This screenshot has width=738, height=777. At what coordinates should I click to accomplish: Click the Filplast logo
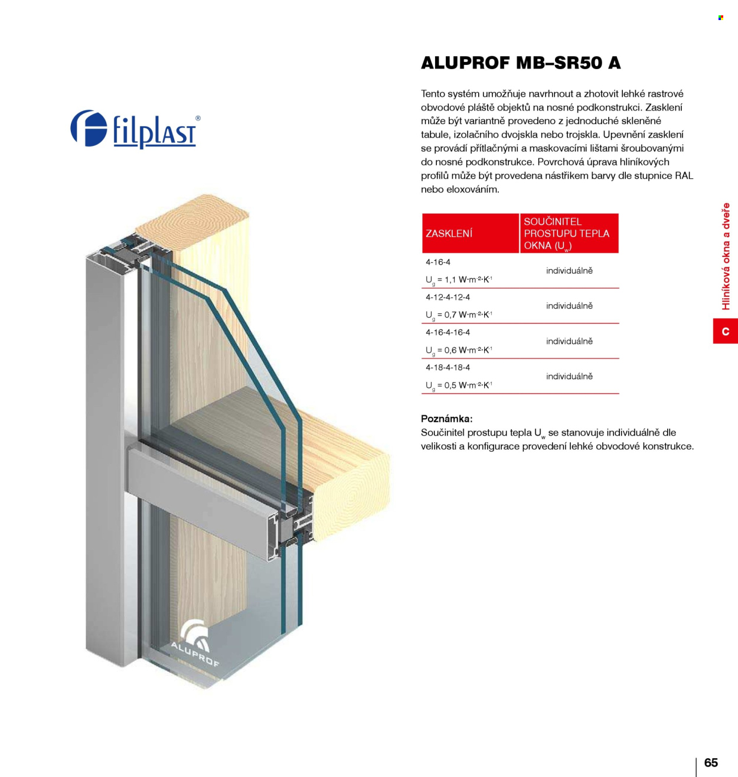[135, 129]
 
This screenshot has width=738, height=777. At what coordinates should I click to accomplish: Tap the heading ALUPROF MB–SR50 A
[521, 63]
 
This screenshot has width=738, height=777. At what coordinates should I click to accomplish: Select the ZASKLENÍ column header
[470, 233]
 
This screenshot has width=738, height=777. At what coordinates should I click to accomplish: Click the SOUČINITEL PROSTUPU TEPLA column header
[569, 233]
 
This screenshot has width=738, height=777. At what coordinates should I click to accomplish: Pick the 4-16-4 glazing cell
[438, 262]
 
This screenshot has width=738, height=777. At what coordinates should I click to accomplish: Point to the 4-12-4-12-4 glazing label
[448, 297]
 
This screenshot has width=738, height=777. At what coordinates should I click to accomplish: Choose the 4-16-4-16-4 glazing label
[448, 332]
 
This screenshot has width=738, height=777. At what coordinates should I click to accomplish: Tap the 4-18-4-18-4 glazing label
[448, 368]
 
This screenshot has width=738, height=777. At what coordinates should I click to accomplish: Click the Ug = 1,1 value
[459, 280]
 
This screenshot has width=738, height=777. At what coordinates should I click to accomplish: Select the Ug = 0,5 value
[459, 386]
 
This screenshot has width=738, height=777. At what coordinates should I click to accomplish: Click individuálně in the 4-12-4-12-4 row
[569, 306]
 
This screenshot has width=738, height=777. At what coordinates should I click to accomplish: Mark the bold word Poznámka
[447, 419]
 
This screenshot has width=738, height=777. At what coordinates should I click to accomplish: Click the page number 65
[711, 762]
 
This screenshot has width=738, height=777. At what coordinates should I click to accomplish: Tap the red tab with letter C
[726, 331]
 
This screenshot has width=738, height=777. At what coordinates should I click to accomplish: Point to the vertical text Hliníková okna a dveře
[726, 256]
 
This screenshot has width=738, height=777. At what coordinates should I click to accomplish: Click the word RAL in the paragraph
[684, 176]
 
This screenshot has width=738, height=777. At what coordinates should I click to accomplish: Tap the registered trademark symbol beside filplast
[198, 118]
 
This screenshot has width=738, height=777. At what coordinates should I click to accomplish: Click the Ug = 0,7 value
[459, 315]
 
